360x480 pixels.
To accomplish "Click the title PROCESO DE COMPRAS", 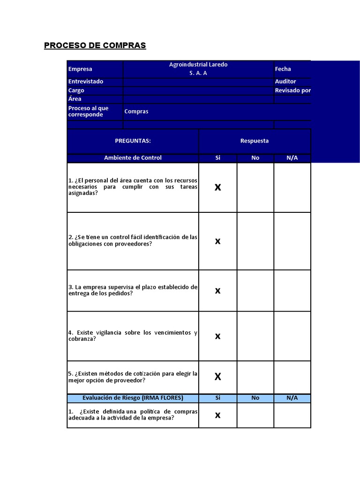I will tap(95, 45).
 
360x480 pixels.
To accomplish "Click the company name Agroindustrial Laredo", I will tap(198, 65).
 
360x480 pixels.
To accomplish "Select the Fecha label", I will tap(283, 69).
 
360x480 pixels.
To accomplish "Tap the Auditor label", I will tap(285, 82).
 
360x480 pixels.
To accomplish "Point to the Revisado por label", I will tap(292, 90).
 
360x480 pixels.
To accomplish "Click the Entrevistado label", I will tap(86, 82).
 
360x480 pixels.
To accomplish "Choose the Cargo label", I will tap(76, 90).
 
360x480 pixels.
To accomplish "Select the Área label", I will tap(75, 99).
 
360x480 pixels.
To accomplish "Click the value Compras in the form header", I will tap(136, 112).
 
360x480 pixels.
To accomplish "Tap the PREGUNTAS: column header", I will tap(133, 141).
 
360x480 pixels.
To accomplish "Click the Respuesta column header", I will tap(255, 141).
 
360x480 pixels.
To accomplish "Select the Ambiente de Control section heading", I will tap(133, 158).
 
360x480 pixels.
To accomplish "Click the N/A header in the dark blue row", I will tap(292, 158).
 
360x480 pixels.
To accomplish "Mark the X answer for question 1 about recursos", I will tap(217, 187).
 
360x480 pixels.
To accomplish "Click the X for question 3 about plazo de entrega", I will tap(217, 291).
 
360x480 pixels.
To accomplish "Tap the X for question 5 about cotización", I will tap(217, 376).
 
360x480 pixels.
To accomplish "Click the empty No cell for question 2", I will tap(255, 241).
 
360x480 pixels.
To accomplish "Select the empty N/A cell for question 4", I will tap(292, 336).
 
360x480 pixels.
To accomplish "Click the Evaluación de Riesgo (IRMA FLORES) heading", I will tap(133, 398).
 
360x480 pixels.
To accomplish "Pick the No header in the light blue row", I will tap(255, 398).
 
